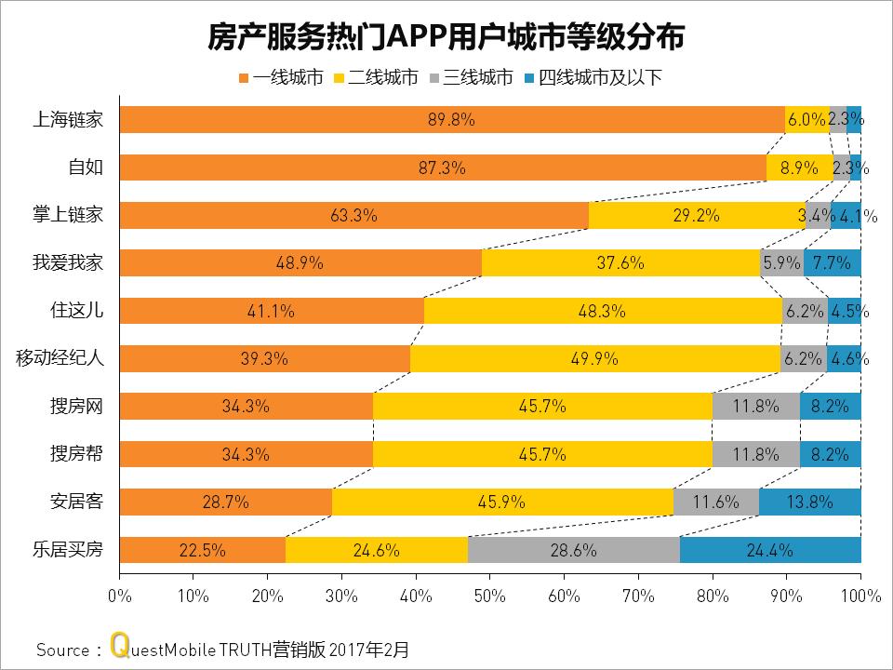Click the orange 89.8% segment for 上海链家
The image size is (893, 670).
point(452,120)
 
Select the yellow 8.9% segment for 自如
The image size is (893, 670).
point(799,168)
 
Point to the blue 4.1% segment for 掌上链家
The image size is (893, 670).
point(846,216)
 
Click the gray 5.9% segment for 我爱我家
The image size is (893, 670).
point(781,263)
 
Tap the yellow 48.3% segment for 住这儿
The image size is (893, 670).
point(603,312)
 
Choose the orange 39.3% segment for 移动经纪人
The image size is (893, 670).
point(265,359)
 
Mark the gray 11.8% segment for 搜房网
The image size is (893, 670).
point(755,407)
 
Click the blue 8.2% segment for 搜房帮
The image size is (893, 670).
point(830,455)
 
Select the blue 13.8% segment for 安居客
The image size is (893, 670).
point(809,502)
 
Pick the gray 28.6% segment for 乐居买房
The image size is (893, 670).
point(574,550)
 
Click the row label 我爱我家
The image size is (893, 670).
point(67,263)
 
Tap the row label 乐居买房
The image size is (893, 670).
point(67,550)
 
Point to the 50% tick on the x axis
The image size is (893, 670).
point(489,594)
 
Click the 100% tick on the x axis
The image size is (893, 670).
point(860,594)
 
